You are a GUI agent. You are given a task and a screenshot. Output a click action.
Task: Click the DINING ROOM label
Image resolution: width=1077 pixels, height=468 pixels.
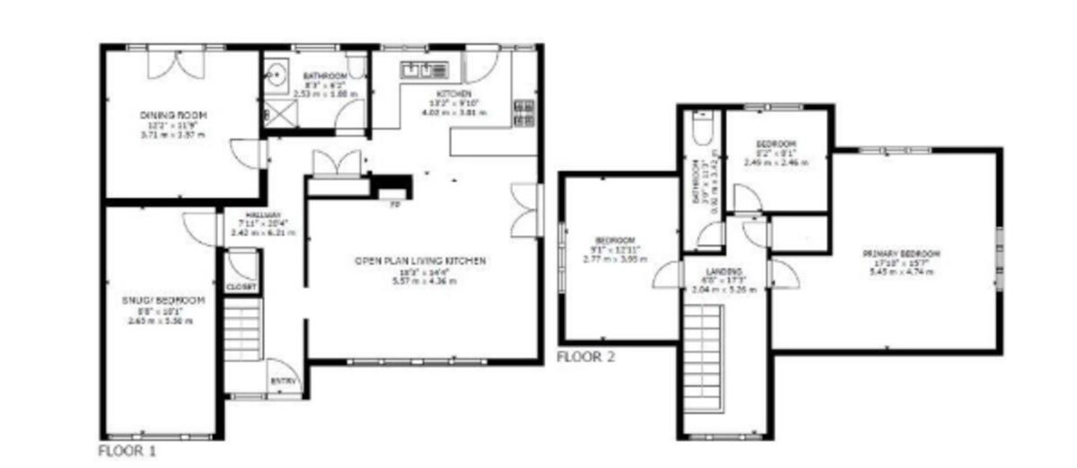(x=173, y=115)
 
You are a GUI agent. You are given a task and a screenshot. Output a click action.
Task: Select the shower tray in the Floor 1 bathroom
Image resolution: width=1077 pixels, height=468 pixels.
(x=278, y=111)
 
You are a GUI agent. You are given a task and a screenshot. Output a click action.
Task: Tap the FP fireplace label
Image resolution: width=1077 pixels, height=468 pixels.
(x=394, y=205)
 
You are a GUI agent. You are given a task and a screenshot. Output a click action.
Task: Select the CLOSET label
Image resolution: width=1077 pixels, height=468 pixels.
(x=240, y=287)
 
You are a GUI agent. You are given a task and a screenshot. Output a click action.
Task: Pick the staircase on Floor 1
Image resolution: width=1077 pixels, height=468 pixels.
(x=241, y=330)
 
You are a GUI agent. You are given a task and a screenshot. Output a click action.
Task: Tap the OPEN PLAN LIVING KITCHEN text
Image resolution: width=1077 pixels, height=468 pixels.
(x=420, y=260)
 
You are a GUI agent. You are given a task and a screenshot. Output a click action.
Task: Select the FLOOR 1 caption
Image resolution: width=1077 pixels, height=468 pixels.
(x=127, y=450)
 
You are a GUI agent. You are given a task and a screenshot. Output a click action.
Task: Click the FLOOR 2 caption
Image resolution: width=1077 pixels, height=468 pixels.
(x=586, y=357)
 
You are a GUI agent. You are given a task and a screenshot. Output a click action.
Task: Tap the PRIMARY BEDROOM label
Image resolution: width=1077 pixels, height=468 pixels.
(x=902, y=254)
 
